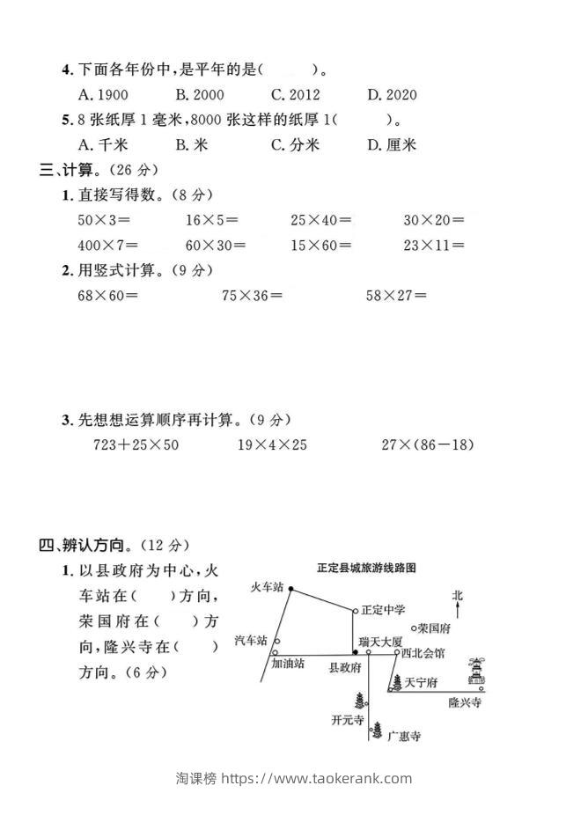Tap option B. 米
point(191,145)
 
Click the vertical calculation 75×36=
point(253,296)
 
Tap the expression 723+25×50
point(136,445)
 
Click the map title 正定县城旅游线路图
point(365,569)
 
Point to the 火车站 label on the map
point(267,586)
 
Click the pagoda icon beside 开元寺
point(360,701)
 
